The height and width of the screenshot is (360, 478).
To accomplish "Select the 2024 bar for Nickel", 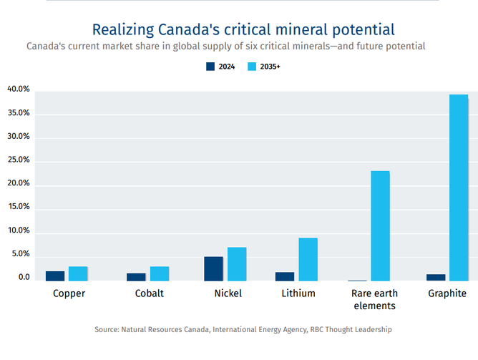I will point(213,268).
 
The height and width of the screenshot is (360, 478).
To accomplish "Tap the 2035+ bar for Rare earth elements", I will point(380,225).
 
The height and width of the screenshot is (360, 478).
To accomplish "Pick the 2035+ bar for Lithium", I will point(308,259).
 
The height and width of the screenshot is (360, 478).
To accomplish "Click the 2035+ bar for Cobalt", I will point(160,273).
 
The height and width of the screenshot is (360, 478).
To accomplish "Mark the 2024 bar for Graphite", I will point(436,277).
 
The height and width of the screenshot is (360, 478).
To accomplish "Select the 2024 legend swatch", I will point(210,67).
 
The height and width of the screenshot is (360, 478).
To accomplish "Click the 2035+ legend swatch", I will point(252,67).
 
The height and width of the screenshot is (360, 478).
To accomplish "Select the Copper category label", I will point(69,293).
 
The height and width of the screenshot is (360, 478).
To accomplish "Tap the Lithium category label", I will point(298,293).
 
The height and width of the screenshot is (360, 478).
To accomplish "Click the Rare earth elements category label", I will point(374,299).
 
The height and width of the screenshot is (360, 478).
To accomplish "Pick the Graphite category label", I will point(447,293).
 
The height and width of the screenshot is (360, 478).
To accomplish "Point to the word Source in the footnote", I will point(107,330).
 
